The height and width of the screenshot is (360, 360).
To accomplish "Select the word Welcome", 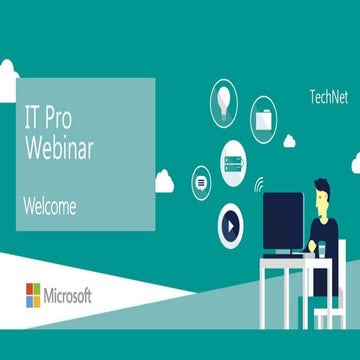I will (50, 207).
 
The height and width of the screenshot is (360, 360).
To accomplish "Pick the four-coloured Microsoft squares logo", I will (33, 295).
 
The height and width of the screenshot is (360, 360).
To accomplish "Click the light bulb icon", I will (224, 98).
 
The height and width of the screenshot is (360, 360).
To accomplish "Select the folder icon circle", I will (263, 117).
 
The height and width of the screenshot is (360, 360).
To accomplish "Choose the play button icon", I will (232, 226).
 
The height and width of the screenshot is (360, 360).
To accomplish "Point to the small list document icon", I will (201, 183).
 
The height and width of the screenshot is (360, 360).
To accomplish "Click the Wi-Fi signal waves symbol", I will (259, 184).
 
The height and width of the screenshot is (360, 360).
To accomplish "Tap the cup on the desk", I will (316, 247).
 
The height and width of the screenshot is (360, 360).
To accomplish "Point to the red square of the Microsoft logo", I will (28, 289).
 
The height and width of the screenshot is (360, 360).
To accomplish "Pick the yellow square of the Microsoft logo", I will (38, 300).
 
